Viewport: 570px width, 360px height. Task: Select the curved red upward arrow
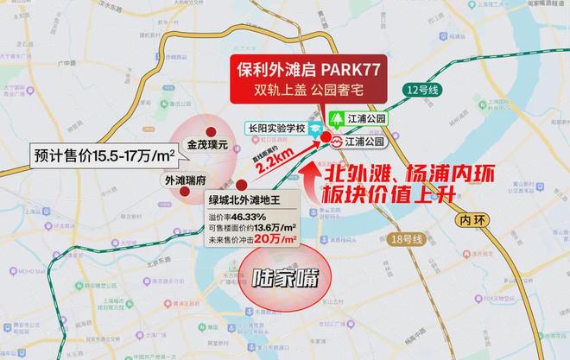(x=313, y=178)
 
